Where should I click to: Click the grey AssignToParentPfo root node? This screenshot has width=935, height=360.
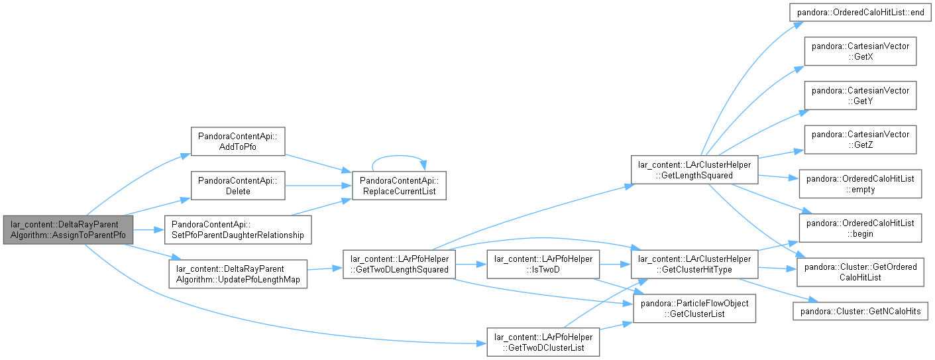click(x=68, y=229)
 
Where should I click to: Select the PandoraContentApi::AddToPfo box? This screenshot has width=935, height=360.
click(x=238, y=142)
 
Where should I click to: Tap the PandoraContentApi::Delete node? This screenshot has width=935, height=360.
click(x=238, y=186)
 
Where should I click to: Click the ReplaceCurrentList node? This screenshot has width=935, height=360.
click(x=399, y=186)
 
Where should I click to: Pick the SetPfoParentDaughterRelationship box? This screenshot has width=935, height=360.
click(x=238, y=229)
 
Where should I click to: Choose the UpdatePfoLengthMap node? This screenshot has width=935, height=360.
click(x=238, y=274)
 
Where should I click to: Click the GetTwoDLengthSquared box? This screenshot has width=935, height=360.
click(x=399, y=265)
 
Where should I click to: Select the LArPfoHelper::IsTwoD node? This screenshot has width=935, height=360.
click(x=543, y=265)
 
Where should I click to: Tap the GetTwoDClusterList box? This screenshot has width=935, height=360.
click(x=543, y=342)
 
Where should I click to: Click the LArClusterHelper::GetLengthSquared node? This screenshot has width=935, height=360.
click(x=694, y=170)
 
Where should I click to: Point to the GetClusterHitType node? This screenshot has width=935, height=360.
click(x=694, y=265)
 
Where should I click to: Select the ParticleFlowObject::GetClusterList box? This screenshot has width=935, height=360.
click(x=694, y=309)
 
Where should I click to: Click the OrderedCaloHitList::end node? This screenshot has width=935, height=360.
click(x=860, y=13)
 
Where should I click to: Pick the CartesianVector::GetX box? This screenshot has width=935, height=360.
click(x=860, y=51)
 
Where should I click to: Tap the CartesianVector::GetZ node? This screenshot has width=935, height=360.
click(x=860, y=139)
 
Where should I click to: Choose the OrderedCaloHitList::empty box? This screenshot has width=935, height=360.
click(x=860, y=184)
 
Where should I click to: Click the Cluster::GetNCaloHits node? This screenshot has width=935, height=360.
click(x=860, y=311)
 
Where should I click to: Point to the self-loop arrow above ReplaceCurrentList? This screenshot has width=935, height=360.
click(x=399, y=156)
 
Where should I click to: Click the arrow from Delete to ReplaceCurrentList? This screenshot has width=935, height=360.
click(x=319, y=186)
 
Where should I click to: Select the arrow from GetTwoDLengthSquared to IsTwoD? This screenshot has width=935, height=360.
click(x=471, y=265)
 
